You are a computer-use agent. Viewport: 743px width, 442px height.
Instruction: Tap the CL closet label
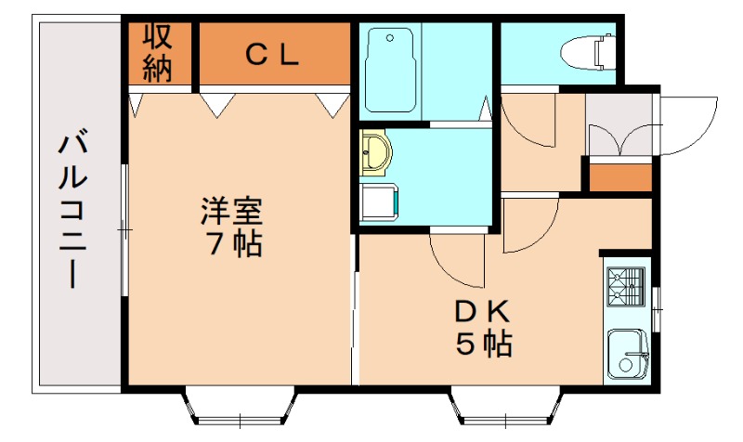272,55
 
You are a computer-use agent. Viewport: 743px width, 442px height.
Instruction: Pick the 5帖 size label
483,344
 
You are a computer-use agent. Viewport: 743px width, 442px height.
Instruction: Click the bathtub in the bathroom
389,69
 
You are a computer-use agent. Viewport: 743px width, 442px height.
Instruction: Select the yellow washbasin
376,153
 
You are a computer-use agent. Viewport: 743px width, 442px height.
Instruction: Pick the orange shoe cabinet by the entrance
620,176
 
